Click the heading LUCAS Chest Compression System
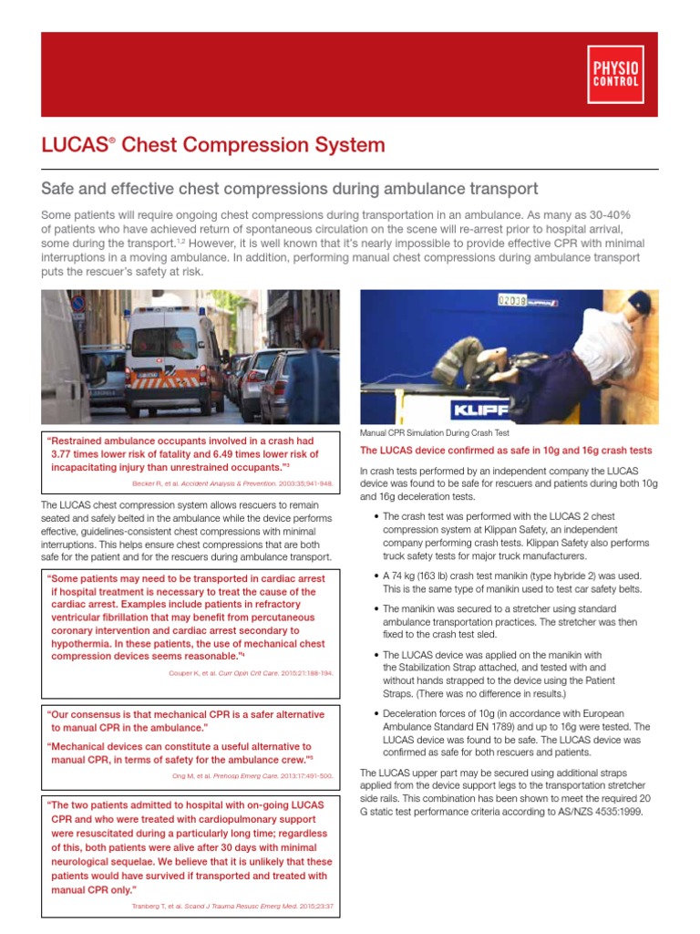213,145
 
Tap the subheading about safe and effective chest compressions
290,189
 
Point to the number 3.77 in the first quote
66,453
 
